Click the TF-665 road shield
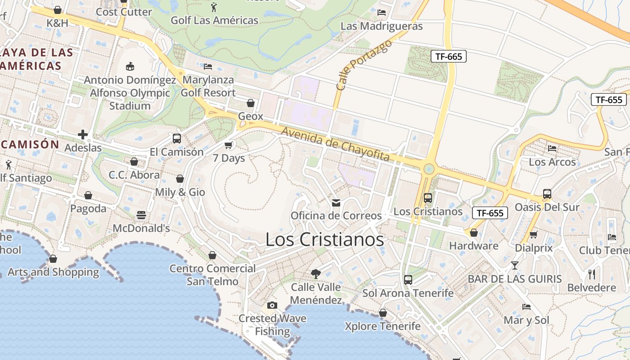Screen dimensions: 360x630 click(x=449, y=56)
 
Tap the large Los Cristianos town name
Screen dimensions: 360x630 click(x=324, y=239)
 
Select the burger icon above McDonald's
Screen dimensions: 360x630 click(x=141, y=215)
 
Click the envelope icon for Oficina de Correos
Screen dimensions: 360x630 click(x=336, y=202)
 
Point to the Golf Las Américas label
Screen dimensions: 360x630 click(x=215, y=20)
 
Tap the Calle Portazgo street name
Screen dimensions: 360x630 click(x=364, y=64)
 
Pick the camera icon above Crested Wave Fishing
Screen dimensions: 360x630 click(x=272, y=306)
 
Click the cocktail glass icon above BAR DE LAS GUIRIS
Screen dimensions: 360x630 click(x=515, y=265)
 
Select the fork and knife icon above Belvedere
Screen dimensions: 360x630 click(x=592, y=274)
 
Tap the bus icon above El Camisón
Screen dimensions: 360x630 click(x=177, y=138)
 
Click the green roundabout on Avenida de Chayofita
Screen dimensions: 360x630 click(x=429, y=169)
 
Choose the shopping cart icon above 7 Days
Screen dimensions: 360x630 click(x=229, y=145)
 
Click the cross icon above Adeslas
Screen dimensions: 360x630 click(x=83, y=134)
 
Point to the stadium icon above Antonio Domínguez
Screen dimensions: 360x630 click(x=130, y=67)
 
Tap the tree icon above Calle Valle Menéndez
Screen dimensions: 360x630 click(x=316, y=273)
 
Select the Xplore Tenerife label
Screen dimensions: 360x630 click(x=382, y=326)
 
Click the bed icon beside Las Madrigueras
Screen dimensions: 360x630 click(x=382, y=13)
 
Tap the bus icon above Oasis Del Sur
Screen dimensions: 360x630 click(x=547, y=194)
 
